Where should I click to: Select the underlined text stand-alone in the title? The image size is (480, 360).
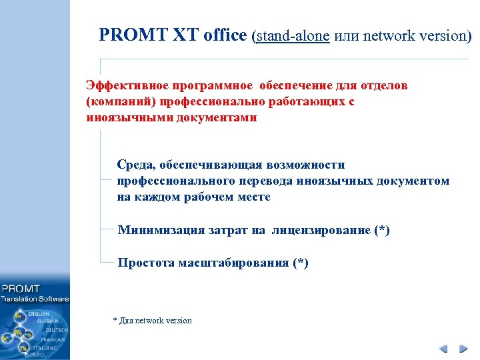point(293,36)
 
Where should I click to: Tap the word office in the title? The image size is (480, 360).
point(223,35)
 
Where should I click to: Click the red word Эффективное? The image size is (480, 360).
point(127,86)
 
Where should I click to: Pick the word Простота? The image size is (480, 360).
point(146,263)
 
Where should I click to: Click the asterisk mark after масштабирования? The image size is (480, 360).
point(301,263)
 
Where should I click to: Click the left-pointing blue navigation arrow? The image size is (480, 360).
point(443,349)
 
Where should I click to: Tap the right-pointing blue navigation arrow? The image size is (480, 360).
point(462,349)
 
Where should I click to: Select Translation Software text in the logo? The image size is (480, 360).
point(35,299)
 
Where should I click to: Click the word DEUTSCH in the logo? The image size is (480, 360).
point(57,330)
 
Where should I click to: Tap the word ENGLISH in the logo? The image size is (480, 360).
point(38,313)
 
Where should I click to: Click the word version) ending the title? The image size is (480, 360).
point(447,36)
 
